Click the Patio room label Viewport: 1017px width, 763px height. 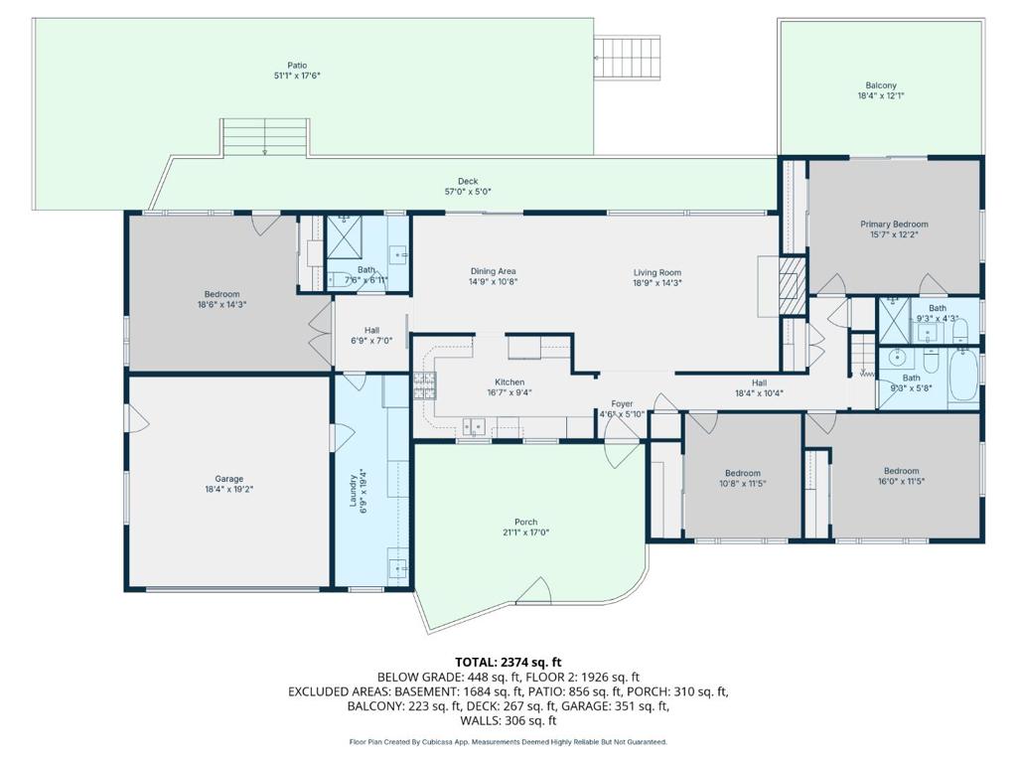(x=297, y=65)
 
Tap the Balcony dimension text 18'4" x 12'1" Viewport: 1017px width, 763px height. (x=881, y=96)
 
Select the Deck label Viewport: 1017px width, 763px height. (x=468, y=181)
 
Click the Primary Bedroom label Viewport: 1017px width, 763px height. (x=894, y=224)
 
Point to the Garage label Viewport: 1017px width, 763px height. (x=229, y=479)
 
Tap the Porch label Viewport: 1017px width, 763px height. (x=526, y=522)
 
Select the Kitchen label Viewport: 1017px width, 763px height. (x=509, y=382)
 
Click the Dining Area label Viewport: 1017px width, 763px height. (x=493, y=271)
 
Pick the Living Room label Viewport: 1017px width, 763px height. (x=657, y=272)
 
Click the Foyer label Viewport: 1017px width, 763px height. (x=622, y=403)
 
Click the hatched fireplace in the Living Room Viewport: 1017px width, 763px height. (x=792, y=285)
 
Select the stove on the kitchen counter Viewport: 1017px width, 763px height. (x=425, y=386)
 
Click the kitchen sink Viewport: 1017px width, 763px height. (x=474, y=427)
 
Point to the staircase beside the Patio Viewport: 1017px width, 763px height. (x=628, y=58)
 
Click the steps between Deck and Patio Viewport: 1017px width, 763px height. (x=264, y=137)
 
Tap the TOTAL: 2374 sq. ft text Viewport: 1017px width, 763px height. (x=508, y=663)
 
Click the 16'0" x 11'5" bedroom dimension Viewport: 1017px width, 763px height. (x=901, y=482)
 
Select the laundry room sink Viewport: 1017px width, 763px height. (x=397, y=569)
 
